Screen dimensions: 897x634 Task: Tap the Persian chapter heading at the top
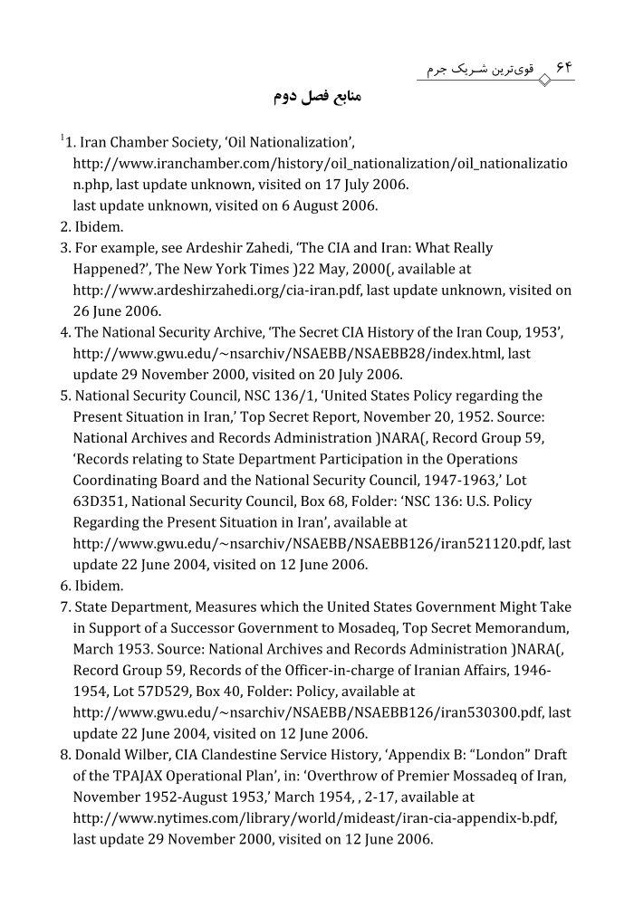[x=317, y=97]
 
